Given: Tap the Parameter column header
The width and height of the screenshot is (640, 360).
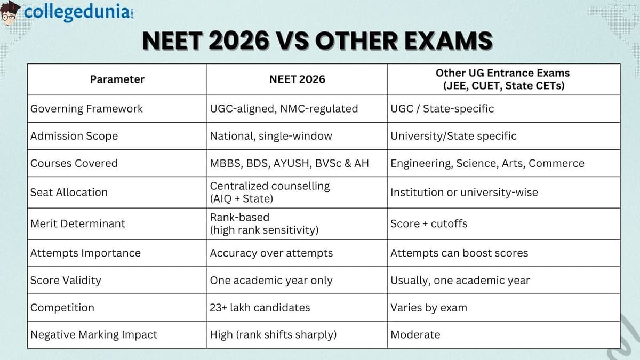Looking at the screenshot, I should click(117, 79).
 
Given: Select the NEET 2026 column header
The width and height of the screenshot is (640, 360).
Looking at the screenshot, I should click(297, 79).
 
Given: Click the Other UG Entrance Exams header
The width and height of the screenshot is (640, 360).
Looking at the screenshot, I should click(503, 79).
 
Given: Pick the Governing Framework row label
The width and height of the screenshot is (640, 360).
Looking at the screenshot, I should click(86, 109).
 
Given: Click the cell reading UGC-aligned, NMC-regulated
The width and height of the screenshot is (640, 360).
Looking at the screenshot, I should click(284, 109).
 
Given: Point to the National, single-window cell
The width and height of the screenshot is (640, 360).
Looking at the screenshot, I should click(271, 136).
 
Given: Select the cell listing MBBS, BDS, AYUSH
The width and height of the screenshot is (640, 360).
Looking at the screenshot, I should click(289, 163).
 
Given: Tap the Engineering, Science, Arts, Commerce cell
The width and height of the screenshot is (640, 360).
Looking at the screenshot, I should click(487, 163).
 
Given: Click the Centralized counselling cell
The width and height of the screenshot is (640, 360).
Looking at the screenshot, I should click(270, 192).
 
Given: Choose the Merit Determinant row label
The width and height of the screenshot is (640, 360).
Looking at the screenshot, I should click(77, 223).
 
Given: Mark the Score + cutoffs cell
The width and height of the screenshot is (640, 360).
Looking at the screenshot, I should click(429, 223).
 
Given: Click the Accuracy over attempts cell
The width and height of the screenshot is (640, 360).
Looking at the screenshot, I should click(271, 253).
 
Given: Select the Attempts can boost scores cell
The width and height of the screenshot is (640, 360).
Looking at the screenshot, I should click(459, 253).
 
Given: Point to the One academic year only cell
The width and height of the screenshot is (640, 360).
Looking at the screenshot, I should click(271, 280).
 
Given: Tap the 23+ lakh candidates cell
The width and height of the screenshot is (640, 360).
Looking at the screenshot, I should click(260, 308).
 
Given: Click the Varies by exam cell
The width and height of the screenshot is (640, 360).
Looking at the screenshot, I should click(429, 308).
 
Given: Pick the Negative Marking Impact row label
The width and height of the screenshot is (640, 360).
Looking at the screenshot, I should click(94, 335).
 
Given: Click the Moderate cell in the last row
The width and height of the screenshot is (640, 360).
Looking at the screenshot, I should click(415, 335).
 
